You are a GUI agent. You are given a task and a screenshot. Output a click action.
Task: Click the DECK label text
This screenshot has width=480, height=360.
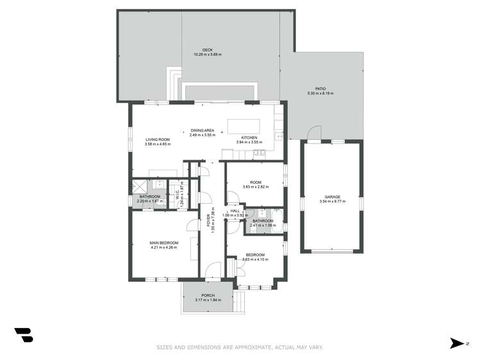tap(207, 50)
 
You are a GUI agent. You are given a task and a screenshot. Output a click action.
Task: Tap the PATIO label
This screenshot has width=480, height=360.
tap(320, 89)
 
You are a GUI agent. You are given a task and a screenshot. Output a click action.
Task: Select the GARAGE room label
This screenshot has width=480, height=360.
tap(331, 197)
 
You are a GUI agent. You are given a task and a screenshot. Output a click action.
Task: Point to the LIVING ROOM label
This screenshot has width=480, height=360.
tap(157, 140)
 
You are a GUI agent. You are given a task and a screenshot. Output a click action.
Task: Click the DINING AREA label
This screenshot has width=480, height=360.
tap(202, 131)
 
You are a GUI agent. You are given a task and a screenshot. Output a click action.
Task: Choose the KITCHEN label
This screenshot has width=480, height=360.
tap(249, 138)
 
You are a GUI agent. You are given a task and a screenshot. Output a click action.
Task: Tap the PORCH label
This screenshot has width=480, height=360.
tap(207, 295)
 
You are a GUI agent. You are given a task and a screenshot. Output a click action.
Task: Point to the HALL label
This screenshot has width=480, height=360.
tap(235, 211)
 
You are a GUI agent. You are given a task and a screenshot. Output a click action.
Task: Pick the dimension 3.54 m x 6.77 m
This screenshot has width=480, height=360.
tap(331, 201)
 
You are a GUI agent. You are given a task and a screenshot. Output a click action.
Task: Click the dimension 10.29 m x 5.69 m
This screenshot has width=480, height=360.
tap(207, 54)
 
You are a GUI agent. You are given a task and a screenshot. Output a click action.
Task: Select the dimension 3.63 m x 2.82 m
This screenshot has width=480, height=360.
tap(255, 187)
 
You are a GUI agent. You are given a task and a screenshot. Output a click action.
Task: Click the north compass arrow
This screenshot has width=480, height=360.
tap(457, 343)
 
